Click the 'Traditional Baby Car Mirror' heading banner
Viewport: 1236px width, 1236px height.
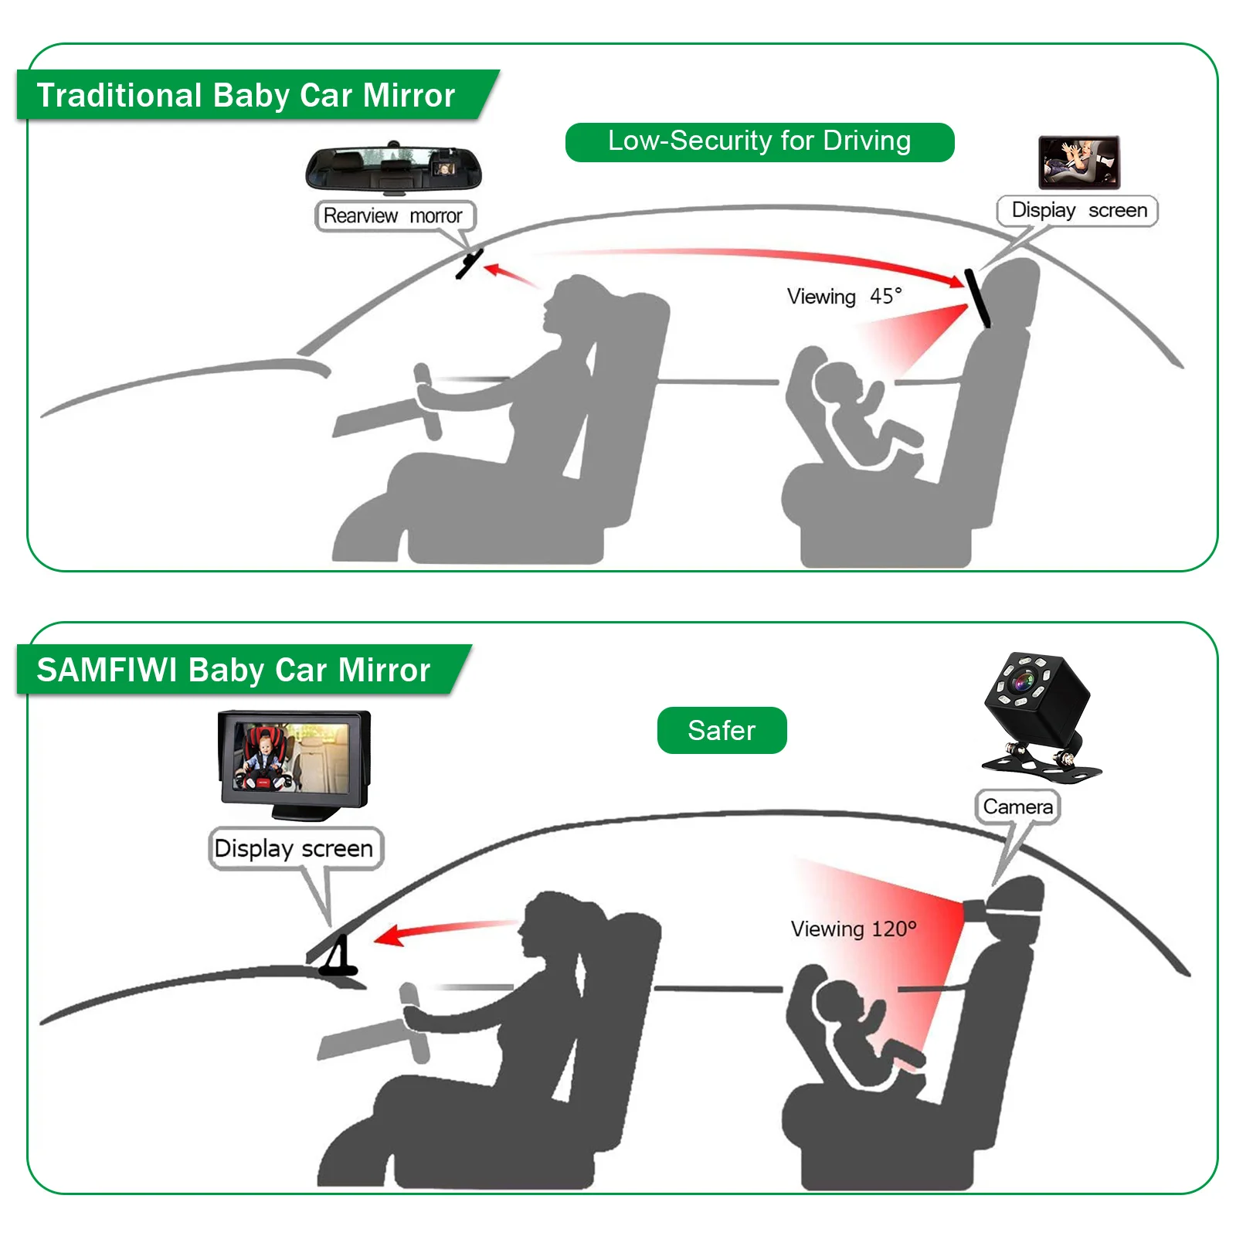246,95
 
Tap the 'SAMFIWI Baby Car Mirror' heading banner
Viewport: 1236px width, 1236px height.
233,670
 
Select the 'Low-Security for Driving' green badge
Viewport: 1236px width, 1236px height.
759,141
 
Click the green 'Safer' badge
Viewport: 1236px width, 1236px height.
722,730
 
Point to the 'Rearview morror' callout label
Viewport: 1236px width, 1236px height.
393,216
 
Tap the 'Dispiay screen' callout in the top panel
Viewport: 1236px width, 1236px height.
1078,210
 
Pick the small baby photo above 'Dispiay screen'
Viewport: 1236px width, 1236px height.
1078,162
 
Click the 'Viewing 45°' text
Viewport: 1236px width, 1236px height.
844,297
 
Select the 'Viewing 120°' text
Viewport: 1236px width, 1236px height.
853,929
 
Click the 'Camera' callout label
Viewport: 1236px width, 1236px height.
1017,807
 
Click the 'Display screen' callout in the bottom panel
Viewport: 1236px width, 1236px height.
294,848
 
